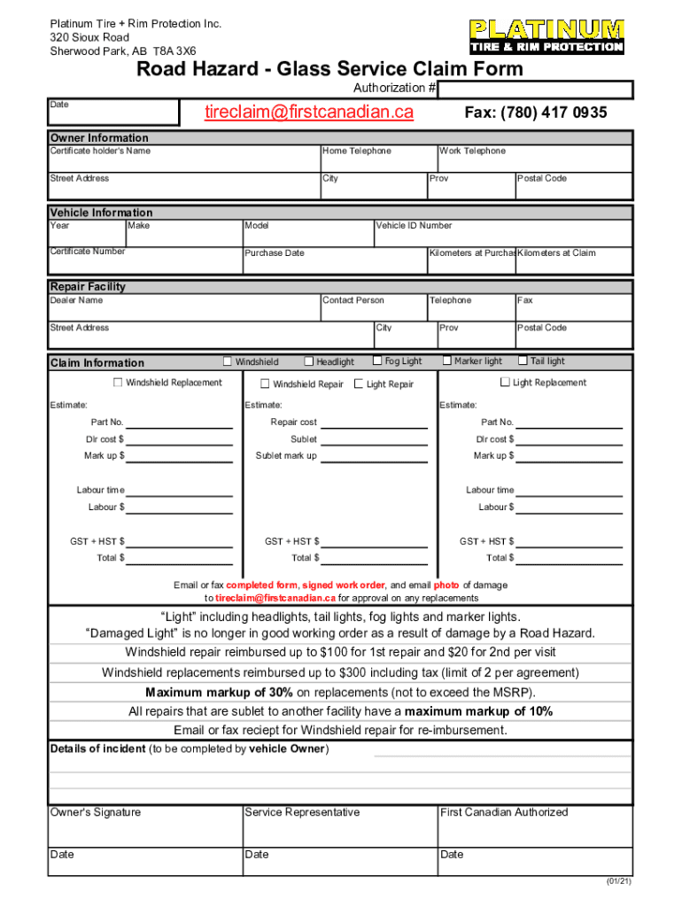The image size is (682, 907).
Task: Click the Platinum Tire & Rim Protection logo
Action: [x=546, y=36]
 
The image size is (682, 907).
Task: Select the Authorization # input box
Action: [x=536, y=89]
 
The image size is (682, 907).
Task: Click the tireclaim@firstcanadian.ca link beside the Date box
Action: [x=309, y=112]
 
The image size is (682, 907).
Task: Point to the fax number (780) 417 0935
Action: [x=536, y=112]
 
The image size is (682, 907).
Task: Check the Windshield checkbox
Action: [x=228, y=361]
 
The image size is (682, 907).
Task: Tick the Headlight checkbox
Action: [x=309, y=361]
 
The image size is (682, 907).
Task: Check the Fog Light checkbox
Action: [x=377, y=360]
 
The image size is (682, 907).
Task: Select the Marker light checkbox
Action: [x=447, y=360]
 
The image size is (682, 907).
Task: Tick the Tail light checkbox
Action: [x=523, y=360]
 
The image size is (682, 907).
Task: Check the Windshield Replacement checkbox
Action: [x=118, y=383]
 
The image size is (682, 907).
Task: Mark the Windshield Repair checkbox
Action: [x=265, y=384]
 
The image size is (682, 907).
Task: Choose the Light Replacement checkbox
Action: [x=505, y=383]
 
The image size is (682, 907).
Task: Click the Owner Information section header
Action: [x=100, y=138]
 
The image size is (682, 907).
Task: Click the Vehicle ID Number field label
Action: [x=414, y=226]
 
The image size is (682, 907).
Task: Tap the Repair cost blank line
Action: [x=374, y=423]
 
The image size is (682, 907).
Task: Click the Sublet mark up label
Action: [x=286, y=456]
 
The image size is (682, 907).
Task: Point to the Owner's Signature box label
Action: [x=96, y=812]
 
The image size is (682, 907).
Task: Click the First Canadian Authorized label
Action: [x=504, y=812]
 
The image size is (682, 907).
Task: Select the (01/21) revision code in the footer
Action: [x=618, y=882]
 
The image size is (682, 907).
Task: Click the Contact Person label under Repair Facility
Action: [x=353, y=300]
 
